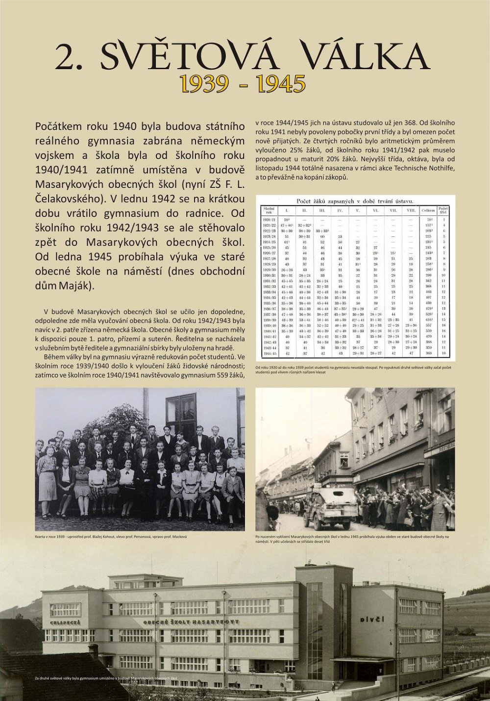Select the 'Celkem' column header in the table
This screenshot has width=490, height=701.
(428, 210)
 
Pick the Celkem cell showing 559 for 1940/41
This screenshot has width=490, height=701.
(428, 331)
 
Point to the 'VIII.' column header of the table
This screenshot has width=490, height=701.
(411, 210)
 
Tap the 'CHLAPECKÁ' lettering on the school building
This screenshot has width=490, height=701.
(65, 623)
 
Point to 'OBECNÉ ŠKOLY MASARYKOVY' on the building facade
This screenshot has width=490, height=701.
(191, 622)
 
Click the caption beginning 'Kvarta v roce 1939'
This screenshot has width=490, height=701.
(111, 537)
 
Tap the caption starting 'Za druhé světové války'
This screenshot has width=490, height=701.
(106, 678)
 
